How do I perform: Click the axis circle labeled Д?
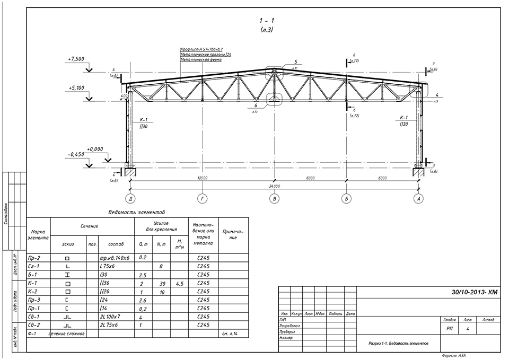pos(129,198)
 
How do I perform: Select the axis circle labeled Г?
pos(201,198)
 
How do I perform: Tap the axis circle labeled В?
pos(274,198)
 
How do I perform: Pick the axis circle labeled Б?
pos(346,198)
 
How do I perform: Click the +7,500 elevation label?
pos(77,59)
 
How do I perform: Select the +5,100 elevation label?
pos(77,87)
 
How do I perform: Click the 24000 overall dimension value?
pos(274,187)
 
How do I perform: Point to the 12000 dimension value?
pos(201,178)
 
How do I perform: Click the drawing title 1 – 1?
pos(267,20)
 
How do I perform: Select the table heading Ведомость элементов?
pos(136,212)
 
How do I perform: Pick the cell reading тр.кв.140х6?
pos(115,257)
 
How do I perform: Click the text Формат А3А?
pos(455,356)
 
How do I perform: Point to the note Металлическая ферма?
pos(201,60)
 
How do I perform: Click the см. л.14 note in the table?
pos(229,334)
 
